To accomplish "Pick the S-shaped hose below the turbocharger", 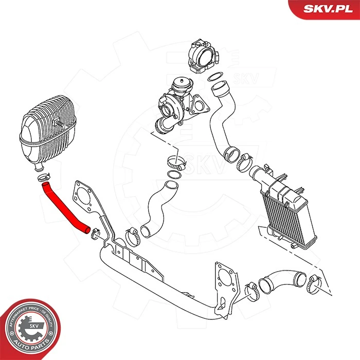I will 157,206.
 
